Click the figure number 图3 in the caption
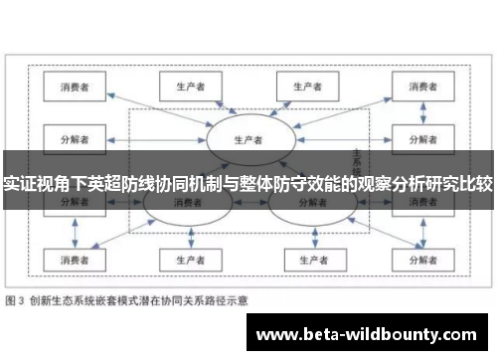[x=17, y=298]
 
